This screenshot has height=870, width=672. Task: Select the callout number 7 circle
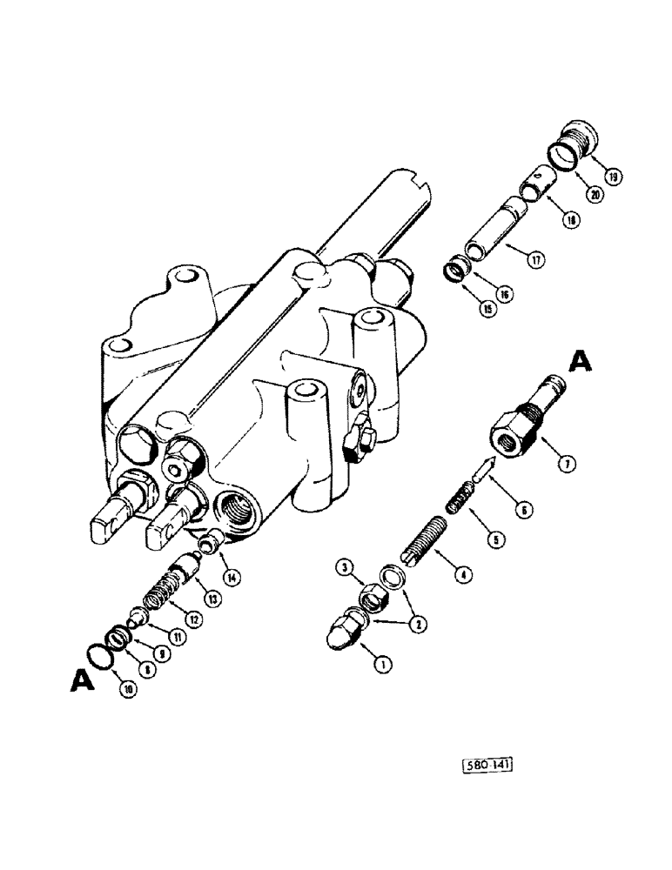[x=567, y=465]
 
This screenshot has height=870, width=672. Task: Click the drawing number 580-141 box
[x=486, y=765]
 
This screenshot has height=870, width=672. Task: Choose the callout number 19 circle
[x=614, y=177]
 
